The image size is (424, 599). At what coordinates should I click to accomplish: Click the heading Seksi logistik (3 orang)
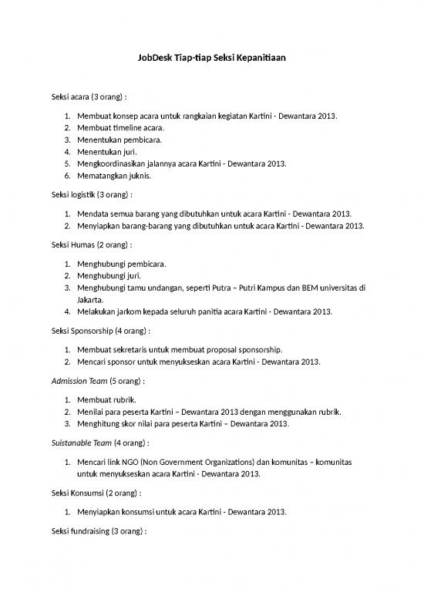(x=87, y=196)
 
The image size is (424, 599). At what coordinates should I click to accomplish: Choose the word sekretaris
(x=134, y=348)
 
